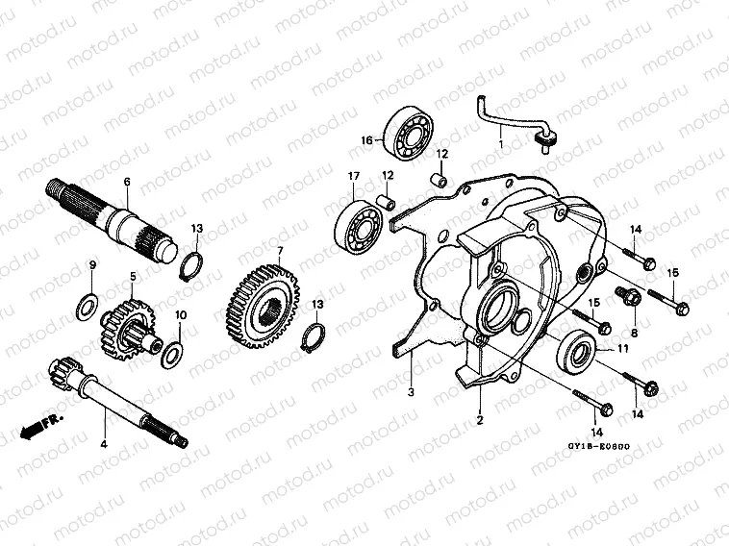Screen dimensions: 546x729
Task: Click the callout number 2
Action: point(480,419)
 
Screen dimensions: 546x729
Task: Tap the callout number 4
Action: point(103,444)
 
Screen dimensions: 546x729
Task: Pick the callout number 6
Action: point(126,181)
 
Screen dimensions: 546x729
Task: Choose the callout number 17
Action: point(327,176)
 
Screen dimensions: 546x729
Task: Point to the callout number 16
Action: point(366,140)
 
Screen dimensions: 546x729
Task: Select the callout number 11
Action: point(623,349)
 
